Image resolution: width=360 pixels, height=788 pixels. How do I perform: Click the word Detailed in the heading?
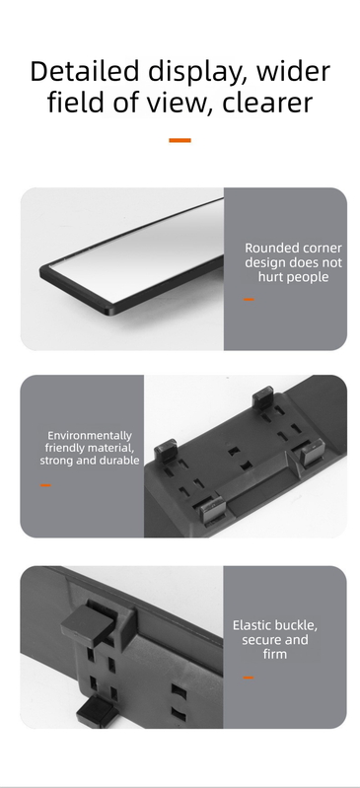coord(84,71)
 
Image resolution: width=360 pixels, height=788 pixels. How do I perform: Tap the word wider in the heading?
coord(293,71)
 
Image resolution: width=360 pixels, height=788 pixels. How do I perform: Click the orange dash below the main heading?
coord(180,140)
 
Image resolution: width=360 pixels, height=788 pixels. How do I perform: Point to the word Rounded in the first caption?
coord(268,249)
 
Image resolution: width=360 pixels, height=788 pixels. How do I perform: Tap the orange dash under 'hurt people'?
coord(249,300)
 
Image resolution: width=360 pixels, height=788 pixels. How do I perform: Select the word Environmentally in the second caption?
coord(90,436)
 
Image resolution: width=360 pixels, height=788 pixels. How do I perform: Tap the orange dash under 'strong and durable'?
coord(45,485)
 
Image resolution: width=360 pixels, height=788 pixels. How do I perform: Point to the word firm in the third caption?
coord(274,654)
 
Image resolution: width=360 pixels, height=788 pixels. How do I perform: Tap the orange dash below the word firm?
coord(248,678)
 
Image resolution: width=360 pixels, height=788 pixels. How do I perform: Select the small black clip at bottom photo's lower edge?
coord(96,713)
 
